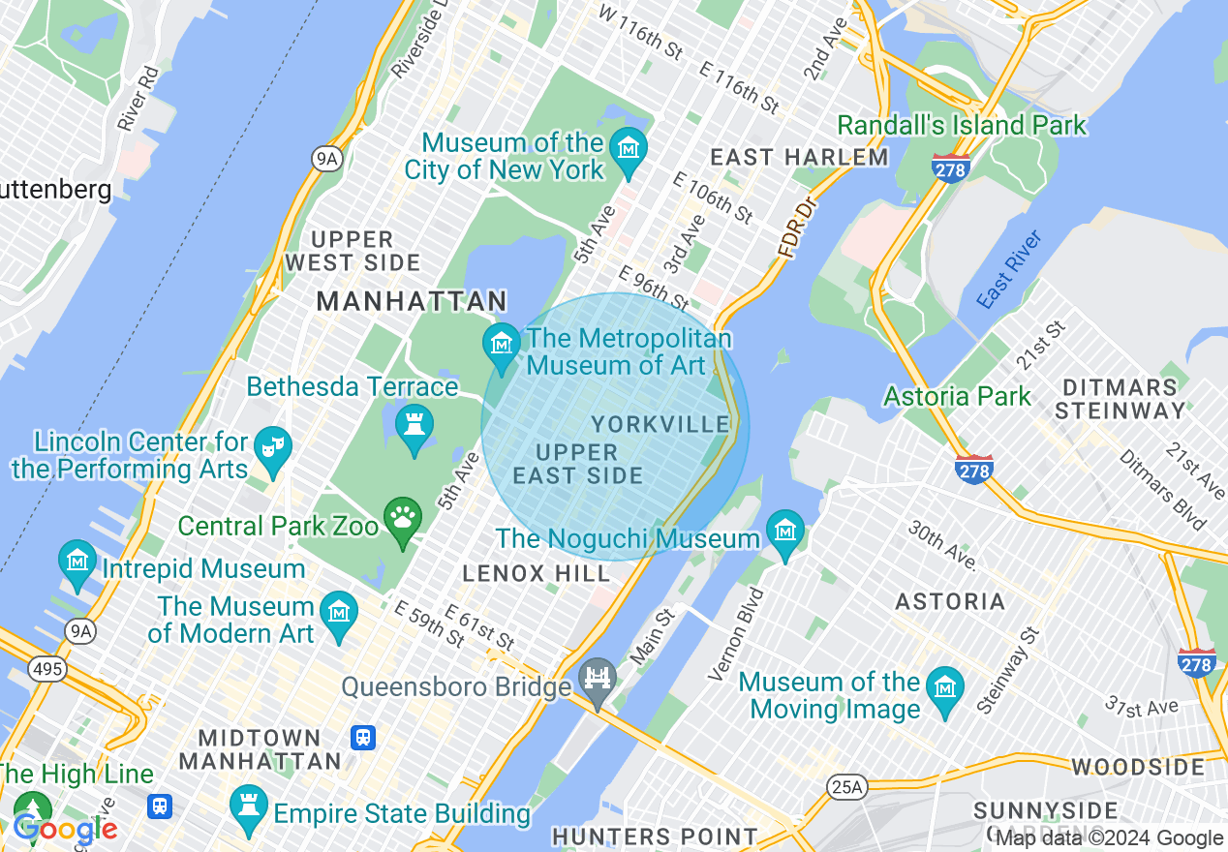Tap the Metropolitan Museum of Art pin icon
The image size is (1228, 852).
click(501, 346)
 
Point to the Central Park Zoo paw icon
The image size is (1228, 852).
click(402, 520)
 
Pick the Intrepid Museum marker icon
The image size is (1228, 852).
click(77, 563)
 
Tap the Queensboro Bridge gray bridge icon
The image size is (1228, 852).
click(598, 679)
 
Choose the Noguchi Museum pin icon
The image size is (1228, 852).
click(784, 532)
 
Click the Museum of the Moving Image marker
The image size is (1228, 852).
click(943, 690)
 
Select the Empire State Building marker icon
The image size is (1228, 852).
click(248, 807)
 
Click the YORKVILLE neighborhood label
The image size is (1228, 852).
click(660, 425)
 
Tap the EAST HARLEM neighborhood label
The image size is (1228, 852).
click(799, 157)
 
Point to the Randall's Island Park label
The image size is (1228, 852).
click(962, 126)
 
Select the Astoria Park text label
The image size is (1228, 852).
click(957, 396)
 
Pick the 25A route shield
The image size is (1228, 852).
click(845, 787)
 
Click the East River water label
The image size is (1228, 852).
click(1009, 270)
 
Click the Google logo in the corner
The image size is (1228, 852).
click(65, 829)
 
